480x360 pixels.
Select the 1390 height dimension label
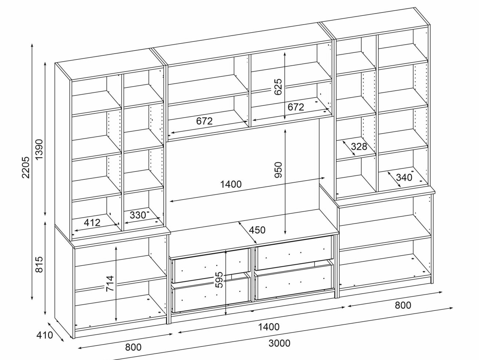pyautogui.click(x=39, y=149)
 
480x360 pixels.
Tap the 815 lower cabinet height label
pyautogui.click(x=39, y=265)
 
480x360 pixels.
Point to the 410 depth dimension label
pyautogui.click(x=44, y=335)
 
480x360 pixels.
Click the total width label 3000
pyautogui.click(x=279, y=343)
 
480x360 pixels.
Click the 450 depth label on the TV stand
pyautogui.click(x=257, y=230)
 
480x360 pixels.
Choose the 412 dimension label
pyautogui.click(x=92, y=222)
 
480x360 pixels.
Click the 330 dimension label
pyautogui.click(x=138, y=215)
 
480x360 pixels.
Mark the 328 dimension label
pyautogui.click(x=359, y=147)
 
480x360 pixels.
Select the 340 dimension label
pyautogui.click(x=404, y=178)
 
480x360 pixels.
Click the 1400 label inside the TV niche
pyautogui.click(x=231, y=184)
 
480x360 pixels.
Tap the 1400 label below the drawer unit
pyautogui.click(x=269, y=327)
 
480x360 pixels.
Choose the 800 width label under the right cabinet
pyautogui.click(x=403, y=305)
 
